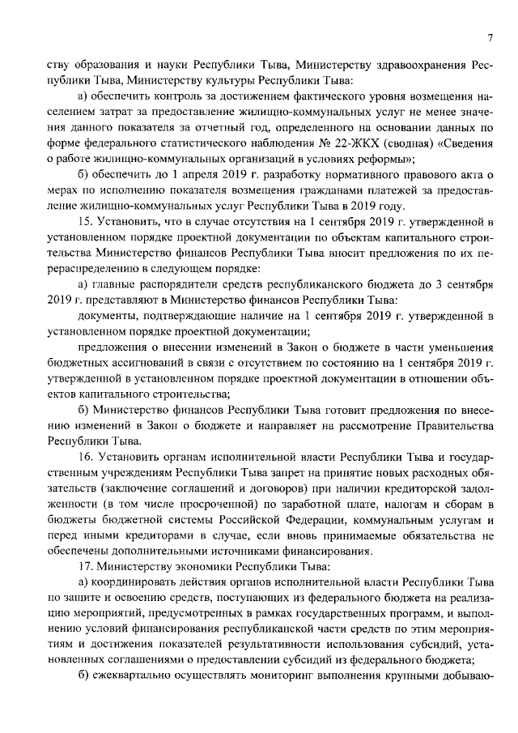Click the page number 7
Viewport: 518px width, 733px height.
[490, 38]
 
